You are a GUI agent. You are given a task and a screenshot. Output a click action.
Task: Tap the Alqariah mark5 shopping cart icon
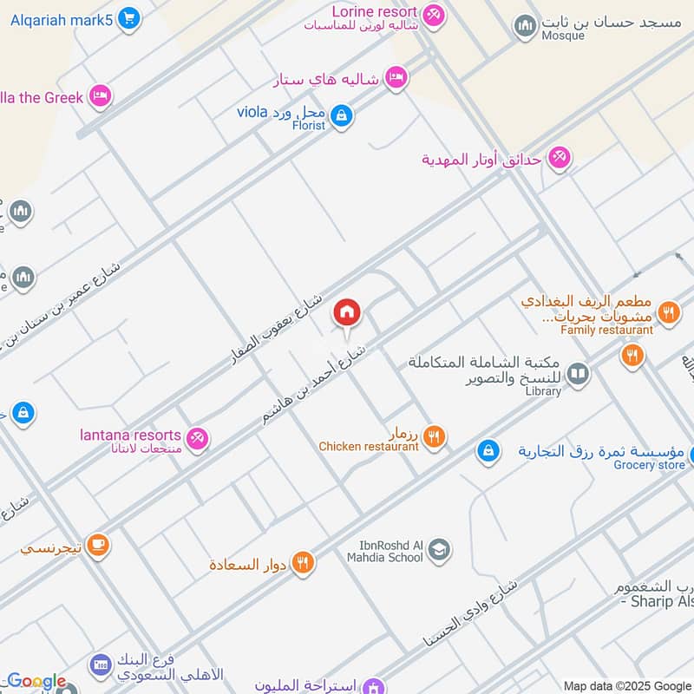click(x=128, y=18)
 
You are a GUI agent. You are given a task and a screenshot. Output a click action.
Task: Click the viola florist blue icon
click(x=342, y=115)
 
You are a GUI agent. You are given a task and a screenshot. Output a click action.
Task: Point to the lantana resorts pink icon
click(x=198, y=438)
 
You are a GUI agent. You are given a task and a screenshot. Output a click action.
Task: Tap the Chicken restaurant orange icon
click(x=435, y=437)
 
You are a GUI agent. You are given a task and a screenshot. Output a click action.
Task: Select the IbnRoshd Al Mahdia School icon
click(x=439, y=550)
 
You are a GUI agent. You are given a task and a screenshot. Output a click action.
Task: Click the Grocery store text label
click(x=649, y=465)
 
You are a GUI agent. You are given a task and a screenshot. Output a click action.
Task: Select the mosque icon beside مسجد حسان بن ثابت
click(x=524, y=27)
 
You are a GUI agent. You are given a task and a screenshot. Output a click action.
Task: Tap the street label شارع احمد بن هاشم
click(x=318, y=385)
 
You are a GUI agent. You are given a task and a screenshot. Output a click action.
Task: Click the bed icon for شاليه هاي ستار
click(x=396, y=78)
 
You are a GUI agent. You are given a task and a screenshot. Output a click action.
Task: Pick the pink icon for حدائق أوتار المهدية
click(x=559, y=158)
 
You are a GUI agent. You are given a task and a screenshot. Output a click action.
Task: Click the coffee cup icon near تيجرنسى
click(x=97, y=545)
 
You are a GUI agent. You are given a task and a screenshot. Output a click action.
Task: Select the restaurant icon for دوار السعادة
click(x=302, y=564)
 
